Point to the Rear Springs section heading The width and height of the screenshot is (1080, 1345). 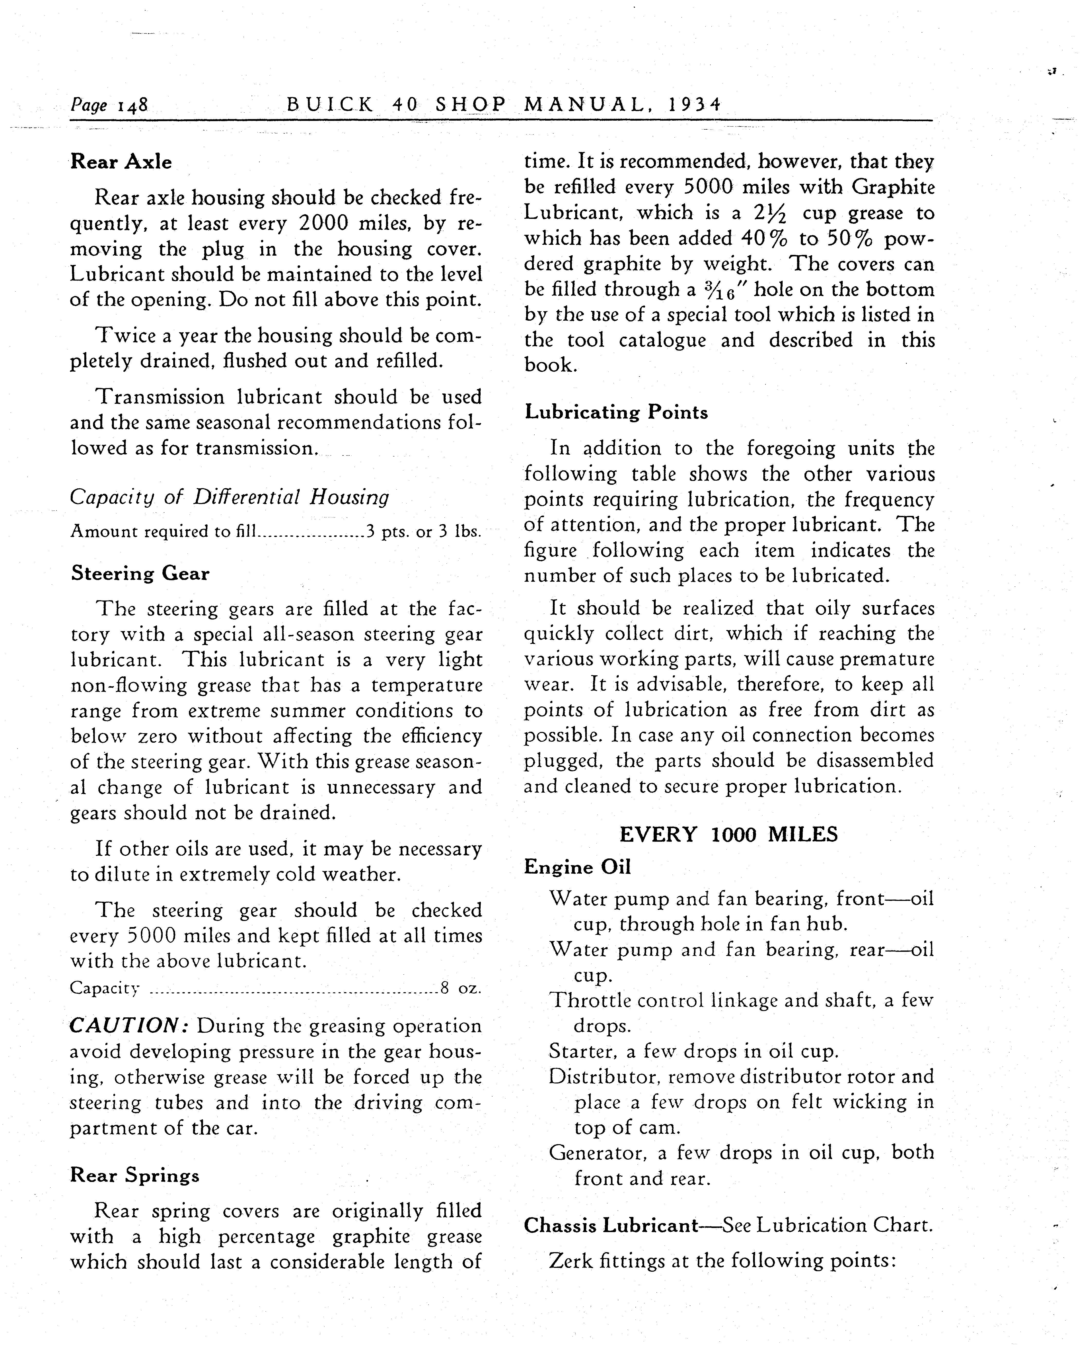tap(135, 1175)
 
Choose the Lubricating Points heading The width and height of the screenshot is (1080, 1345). tap(616, 412)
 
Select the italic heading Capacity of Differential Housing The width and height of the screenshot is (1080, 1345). tap(230, 497)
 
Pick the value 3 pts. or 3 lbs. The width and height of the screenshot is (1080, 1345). tap(424, 532)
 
